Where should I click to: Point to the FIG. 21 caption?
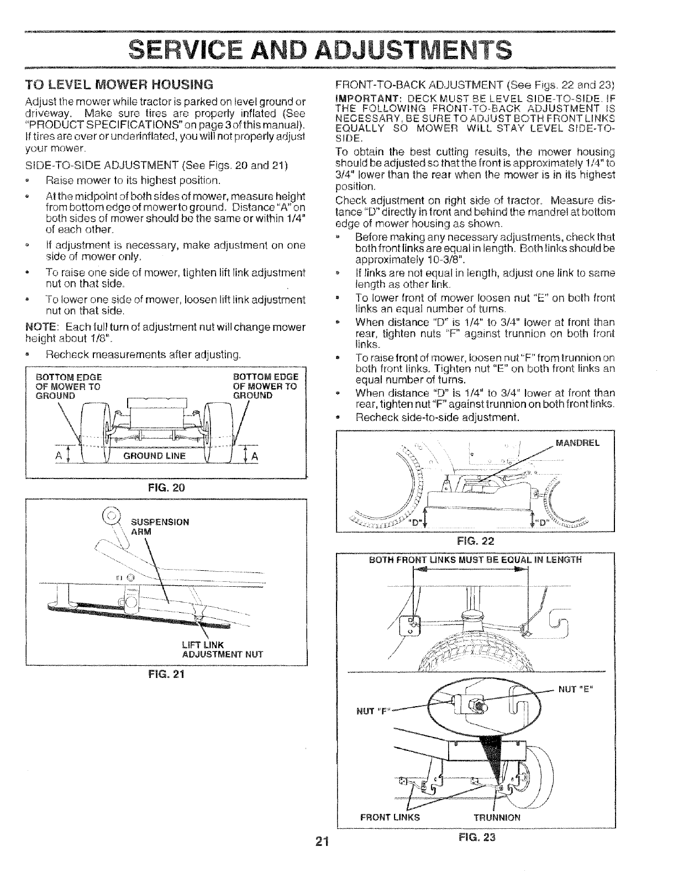pos(166,675)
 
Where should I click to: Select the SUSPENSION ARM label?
pos(160,527)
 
